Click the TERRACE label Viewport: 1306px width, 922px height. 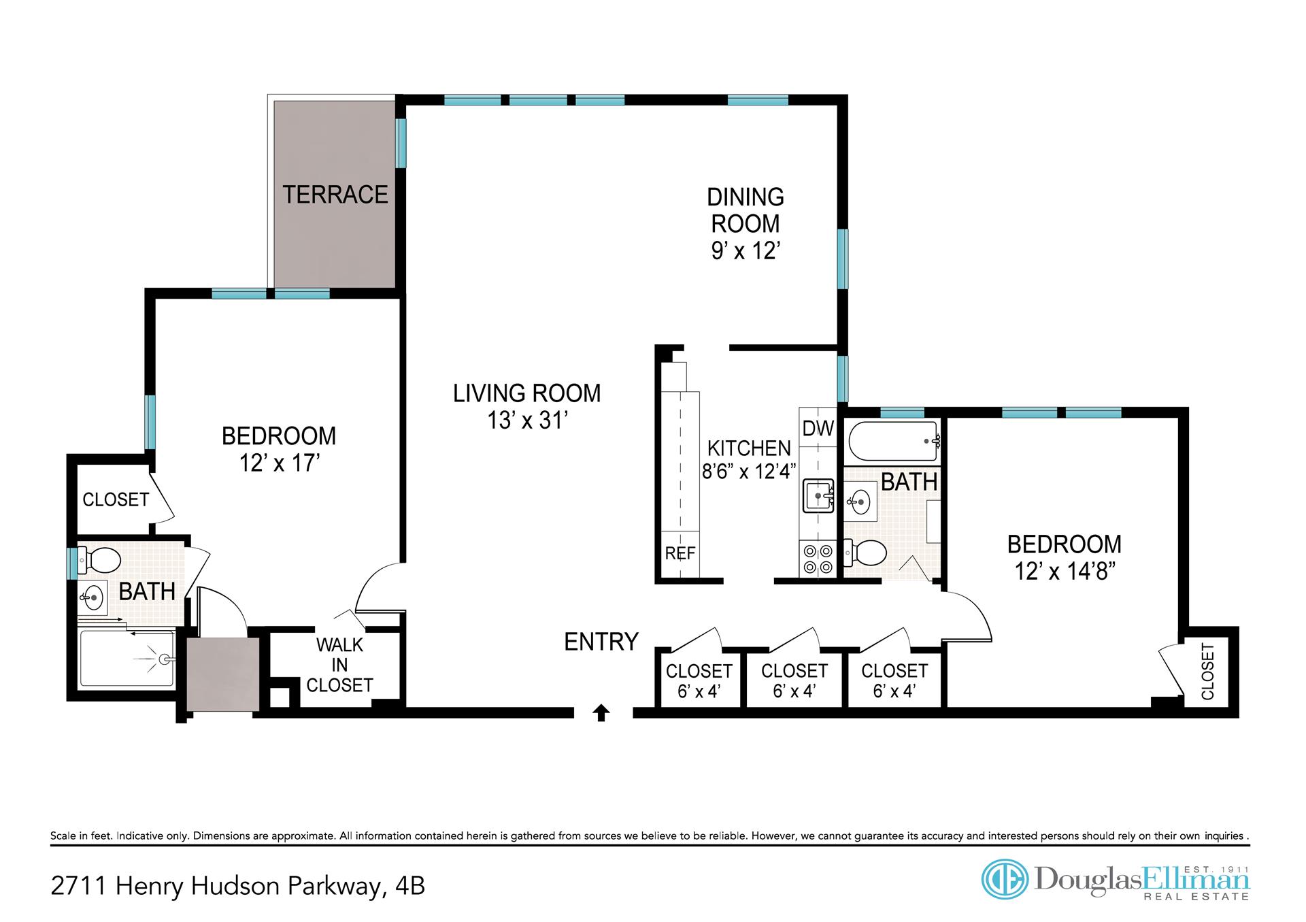click(x=335, y=195)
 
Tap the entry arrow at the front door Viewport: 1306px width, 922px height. click(x=601, y=712)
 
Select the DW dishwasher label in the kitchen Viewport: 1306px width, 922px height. click(x=818, y=428)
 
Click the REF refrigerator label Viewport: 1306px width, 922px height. click(x=680, y=554)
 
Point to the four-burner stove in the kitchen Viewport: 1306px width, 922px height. click(x=818, y=558)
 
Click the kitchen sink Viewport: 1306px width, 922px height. click(x=818, y=495)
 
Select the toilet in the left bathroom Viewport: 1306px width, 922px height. click(x=98, y=561)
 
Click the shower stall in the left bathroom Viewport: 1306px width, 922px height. click(x=127, y=659)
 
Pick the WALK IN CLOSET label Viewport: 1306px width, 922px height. click(x=339, y=665)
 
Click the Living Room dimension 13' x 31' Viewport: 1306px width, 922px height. click(x=527, y=421)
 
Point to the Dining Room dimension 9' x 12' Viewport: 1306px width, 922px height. click(x=745, y=251)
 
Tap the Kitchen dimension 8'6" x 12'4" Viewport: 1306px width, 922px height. click(x=748, y=471)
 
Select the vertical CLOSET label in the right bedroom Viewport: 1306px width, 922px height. click(x=1207, y=672)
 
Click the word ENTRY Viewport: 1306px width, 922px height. click(x=601, y=642)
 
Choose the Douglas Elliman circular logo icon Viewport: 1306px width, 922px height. click(x=1004, y=879)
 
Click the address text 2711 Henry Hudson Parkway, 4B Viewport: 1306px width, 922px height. click(x=238, y=886)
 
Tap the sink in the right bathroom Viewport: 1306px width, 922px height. click(x=860, y=502)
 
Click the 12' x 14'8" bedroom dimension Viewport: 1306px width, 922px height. click(x=1065, y=571)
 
